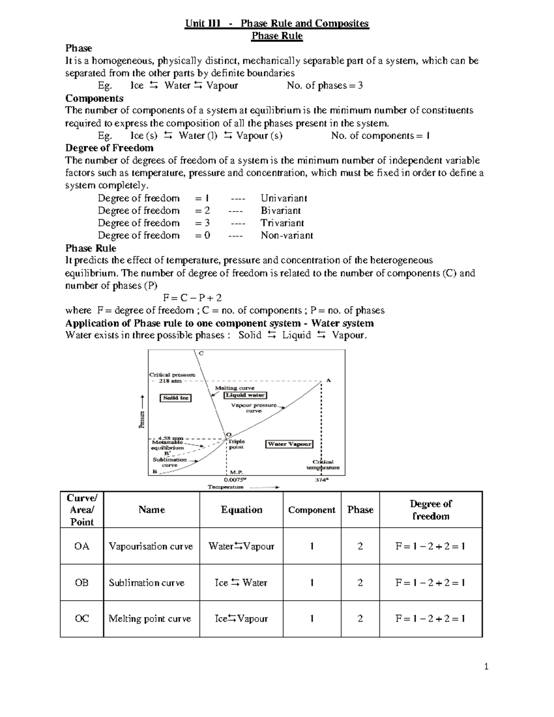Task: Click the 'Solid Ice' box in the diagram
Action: tap(176, 398)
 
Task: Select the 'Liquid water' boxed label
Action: tap(246, 395)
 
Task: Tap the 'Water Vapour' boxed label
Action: tap(289, 444)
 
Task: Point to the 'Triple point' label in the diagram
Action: tap(236, 444)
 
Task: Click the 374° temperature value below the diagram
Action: tap(321, 480)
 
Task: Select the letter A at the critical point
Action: tap(329, 380)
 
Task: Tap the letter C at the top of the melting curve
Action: tap(201, 353)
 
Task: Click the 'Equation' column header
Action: tap(241, 510)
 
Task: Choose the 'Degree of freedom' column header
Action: tap(431, 510)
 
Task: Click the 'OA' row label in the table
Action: tap(82, 546)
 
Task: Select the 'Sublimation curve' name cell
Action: tap(146, 583)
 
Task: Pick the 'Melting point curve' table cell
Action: tap(150, 619)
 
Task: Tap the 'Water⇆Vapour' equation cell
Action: tap(241, 546)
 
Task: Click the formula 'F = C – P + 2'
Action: tap(193, 298)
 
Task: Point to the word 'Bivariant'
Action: tap(281, 211)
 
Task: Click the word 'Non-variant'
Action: tap(287, 235)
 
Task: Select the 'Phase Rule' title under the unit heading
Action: tap(277, 36)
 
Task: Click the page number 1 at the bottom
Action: tap(486, 666)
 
